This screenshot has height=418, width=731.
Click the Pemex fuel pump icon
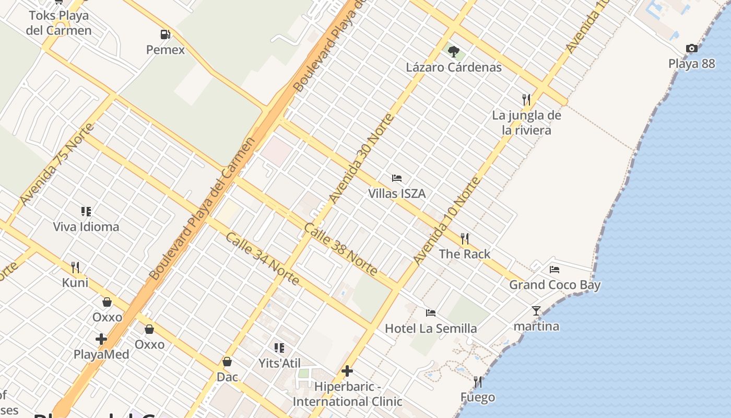point(166,35)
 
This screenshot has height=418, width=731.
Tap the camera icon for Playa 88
point(692,49)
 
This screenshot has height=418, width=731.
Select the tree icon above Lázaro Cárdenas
point(454,51)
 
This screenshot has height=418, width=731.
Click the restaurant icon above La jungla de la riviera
point(526,99)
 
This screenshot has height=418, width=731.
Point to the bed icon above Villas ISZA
point(397,178)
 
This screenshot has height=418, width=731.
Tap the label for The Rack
point(464,254)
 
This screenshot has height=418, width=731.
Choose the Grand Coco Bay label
point(555,285)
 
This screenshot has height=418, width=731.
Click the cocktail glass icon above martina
point(536,311)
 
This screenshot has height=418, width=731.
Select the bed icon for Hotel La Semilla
point(431,313)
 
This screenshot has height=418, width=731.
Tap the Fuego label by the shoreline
point(477,398)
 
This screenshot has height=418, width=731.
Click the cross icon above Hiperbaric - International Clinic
point(347,371)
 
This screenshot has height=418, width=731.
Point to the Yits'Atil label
point(279,363)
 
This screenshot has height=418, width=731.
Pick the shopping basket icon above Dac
point(227,362)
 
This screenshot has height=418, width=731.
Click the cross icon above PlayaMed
point(101,339)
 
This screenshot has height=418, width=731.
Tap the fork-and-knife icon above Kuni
point(75,268)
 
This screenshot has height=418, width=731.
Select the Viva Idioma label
point(86,227)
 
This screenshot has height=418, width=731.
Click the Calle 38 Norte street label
point(340,250)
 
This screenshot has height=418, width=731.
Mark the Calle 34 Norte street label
point(263,259)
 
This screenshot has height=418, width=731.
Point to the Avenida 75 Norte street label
point(57,164)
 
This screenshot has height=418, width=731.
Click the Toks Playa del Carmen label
point(58,23)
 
